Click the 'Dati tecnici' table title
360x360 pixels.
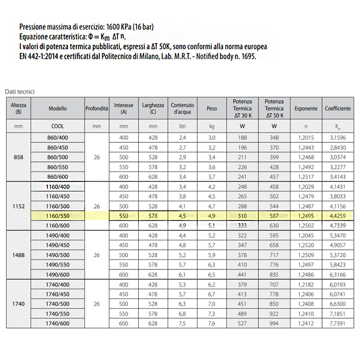click(20, 92)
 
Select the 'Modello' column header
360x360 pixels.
click(58, 108)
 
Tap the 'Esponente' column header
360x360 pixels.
click(306, 108)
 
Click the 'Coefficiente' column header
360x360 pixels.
click(338, 108)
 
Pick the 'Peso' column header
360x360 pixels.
click(212, 108)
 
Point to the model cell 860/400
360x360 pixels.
click(58, 138)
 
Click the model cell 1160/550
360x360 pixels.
click(58, 216)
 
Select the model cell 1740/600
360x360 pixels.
click(58, 324)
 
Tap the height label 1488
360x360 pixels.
click(18, 255)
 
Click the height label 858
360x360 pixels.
click(18, 157)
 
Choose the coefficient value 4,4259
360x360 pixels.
click(338, 216)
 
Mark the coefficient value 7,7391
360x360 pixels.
click(338, 324)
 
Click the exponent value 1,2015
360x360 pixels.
click(306, 138)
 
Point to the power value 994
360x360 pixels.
click(274, 324)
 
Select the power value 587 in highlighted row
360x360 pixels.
click(274, 216)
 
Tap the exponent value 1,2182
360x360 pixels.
click(306, 285)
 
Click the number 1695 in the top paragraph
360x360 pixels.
click(248, 56)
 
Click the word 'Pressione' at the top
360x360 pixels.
click(34, 27)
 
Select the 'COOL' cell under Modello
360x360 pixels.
click(58, 126)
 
